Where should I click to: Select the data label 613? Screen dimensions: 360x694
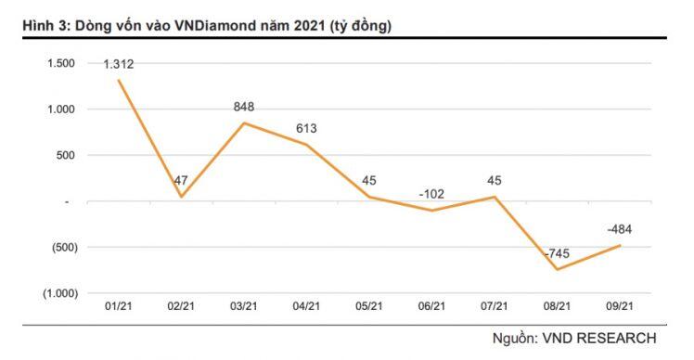[x=305, y=129]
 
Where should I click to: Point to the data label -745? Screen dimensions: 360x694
[x=558, y=253]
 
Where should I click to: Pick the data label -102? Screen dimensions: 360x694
[x=431, y=194]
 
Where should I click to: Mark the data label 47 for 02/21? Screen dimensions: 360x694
[x=182, y=181]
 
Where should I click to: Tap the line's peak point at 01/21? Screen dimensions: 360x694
[x=119, y=80]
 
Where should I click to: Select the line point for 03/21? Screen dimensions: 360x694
[x=244, y=123]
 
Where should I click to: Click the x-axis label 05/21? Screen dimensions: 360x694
[x=369, y=306]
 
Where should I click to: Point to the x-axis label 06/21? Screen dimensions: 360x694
[x=432, y=306]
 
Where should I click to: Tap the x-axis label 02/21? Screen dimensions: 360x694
[x=181, y=306]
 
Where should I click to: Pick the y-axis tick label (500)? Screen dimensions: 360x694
[x=62, y=247]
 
